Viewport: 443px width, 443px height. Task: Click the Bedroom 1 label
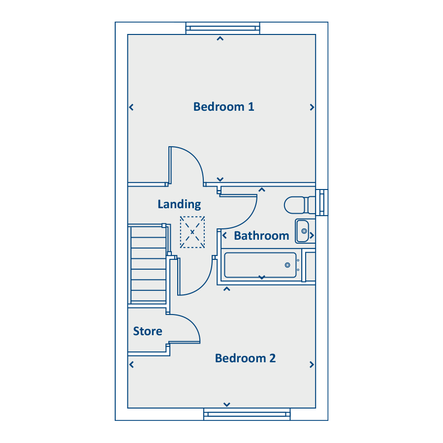click(223, 107)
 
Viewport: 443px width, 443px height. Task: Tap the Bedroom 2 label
click(245, 358)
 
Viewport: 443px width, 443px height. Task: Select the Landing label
click(179, 204)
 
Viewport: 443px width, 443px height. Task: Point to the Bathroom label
click(261, 236)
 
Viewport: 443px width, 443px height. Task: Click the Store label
click(148, 331)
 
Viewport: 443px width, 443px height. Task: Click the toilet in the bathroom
click(299, 205)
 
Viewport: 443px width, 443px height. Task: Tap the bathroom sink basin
click(303, 231)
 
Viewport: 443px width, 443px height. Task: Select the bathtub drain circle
click(287, 265)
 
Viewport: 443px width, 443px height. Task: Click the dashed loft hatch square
click(192, 232)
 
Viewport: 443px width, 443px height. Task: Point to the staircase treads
click(148, 264)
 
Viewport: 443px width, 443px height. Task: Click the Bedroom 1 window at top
click(222, 28)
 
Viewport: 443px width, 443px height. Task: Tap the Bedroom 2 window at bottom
click(247, 414)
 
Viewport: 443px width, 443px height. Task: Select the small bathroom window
click(322, 202)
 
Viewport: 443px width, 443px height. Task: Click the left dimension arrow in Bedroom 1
click(131, 107)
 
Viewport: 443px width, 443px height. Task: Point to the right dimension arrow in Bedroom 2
click(312, 365)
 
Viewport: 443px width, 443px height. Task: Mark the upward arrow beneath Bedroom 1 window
click(220, 38)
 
